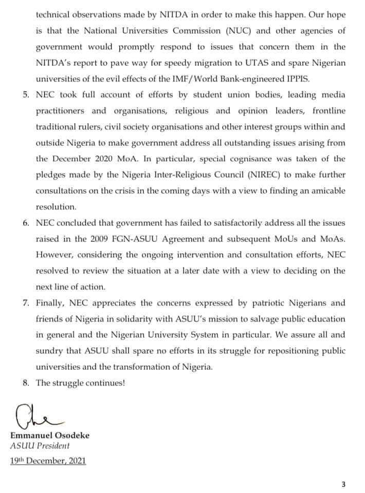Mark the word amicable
[x=326, y=191]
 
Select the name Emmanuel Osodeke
[x=50, y=435]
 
